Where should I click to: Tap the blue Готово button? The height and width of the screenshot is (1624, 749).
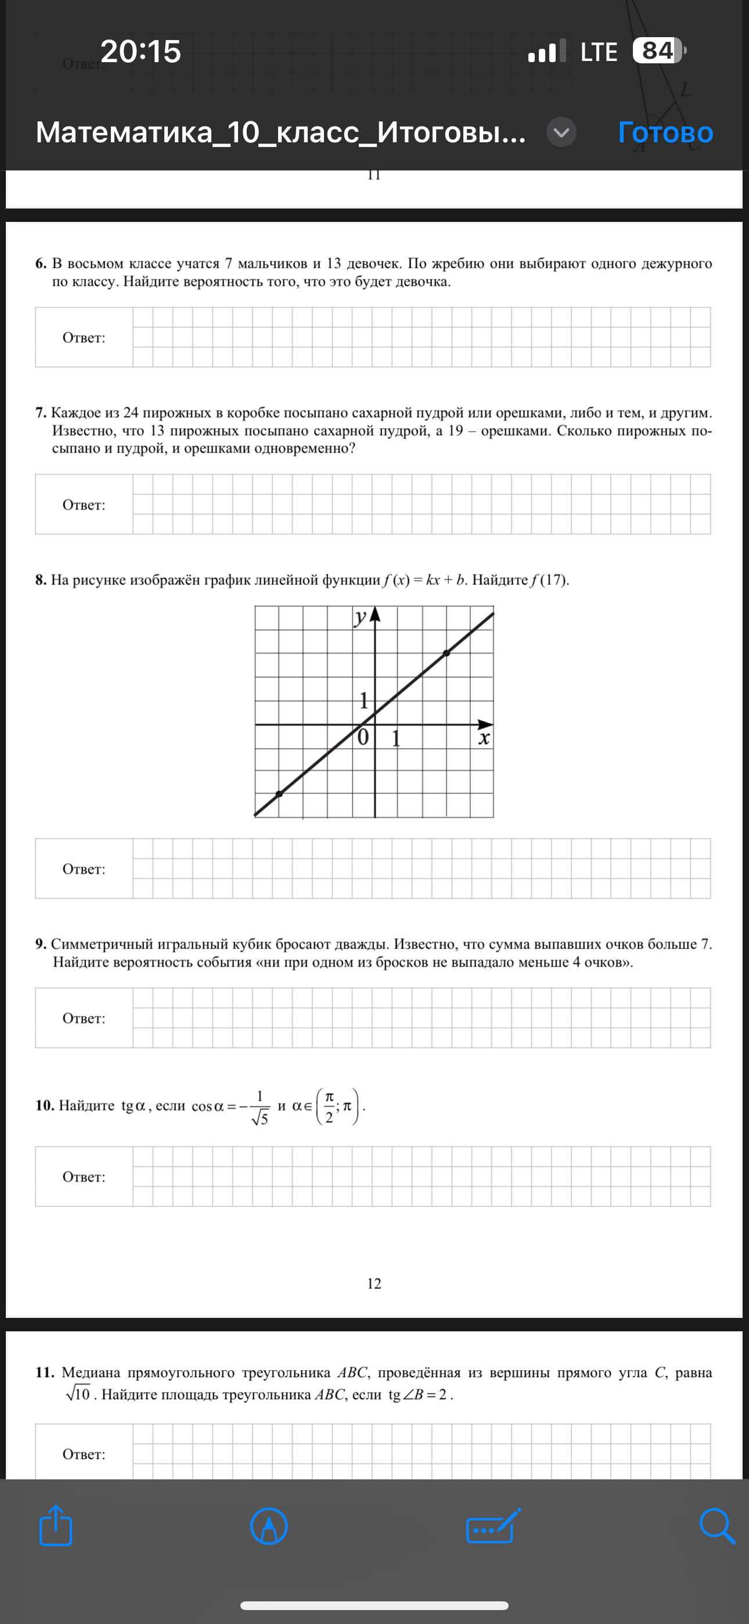[x=665, y=132]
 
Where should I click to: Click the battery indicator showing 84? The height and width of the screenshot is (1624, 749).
[x=658, y=51]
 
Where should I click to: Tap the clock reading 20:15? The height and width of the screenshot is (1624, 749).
[x=141, y=51]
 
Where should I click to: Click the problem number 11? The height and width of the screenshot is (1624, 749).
[x=45, y=1373]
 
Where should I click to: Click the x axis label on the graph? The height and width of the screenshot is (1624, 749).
[x=484, y=738]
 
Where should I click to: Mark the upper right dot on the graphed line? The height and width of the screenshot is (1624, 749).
[x=446, y=653]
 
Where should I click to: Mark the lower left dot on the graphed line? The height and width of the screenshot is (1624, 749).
[x=279, y=795]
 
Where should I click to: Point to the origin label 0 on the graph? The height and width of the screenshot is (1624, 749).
[x=362, y=737]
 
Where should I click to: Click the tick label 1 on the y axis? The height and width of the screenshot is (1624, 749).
[x=363, y=700]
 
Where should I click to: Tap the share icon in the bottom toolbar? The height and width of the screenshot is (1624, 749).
[x=56, y=1526]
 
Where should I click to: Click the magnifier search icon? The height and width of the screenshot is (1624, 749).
[x=717, y=1526]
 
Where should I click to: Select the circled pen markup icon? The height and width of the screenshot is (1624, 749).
[x=269, y=1526]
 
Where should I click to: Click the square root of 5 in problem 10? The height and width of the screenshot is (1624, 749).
[x=260, y=1119]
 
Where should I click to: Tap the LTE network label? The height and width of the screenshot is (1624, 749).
[x=598, y=52]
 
